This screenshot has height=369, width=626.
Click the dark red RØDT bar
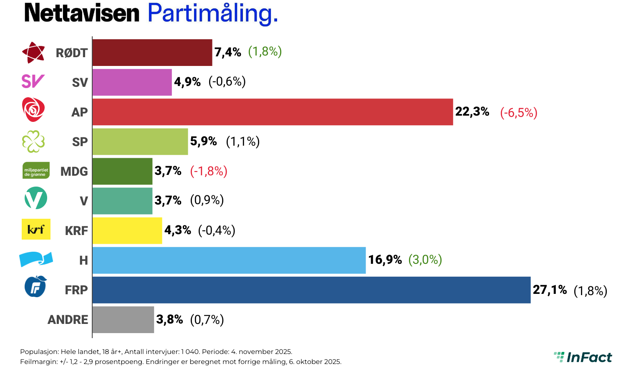pyautogui.click(x=152, y=53)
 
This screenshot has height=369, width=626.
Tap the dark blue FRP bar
pyautogui.click(x=311, y=290)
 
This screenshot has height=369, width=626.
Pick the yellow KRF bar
pyautogui.click(x=127, y=230)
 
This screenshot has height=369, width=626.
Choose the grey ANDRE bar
pyautogui.click(x=123, y=320)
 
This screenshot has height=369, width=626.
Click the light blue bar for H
pyautogui.click(x=229, y=260)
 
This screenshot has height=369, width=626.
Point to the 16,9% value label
pyautogui.click(x=385, y=260)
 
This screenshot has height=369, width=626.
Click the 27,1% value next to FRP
pyautogui.click(x=550, y=290)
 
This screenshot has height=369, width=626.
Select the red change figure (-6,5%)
pyautogui.click(x=519, y=113)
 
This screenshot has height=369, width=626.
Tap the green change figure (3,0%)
pyautogui.click(x=425, y=260)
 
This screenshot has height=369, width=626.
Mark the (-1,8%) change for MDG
pyautogui.click(x=209, y=171)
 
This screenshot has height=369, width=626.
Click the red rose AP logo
pyautogui.click(x=33, y=109)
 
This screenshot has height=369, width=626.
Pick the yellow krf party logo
pyautogui.click(x=36, y=229)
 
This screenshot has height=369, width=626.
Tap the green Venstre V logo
pyautogui.click(x=36, y=199)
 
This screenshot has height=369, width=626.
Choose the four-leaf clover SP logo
pyautogui.click(x=33, y=141)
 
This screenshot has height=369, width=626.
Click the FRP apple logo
pyautogui.click(x=35, y=287)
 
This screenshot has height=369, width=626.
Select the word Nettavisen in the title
pyautogui.click(x=82, y=13)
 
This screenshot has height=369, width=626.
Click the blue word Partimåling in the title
pyautogui.click(x=212, y=13)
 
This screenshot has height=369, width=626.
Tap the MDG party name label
pyautogui.click(x=74, y=172)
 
